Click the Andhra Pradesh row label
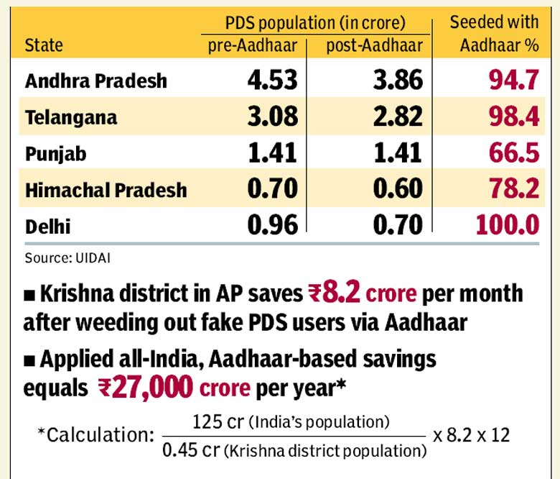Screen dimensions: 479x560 tap(95, 81)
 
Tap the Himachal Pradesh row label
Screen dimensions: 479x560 tap(106, 190)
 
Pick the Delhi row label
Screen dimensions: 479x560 tap(48, 227)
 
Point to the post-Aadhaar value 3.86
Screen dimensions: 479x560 tap(398, 80)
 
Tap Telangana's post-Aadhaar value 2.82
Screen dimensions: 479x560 tap(398, 117)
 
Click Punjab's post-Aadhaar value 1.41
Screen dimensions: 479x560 tap(398, 153)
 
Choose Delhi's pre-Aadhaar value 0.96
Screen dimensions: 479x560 tap(272, 226)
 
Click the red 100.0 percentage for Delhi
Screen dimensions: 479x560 tap(507, 226)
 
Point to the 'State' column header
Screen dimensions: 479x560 tap(44, 46)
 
